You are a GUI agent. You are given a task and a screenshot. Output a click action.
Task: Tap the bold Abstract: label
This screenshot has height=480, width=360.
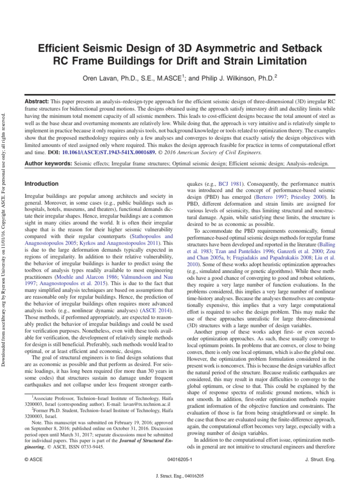[x=37, y=102]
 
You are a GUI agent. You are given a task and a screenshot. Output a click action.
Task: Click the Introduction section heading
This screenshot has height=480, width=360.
[x=42, y=184]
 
